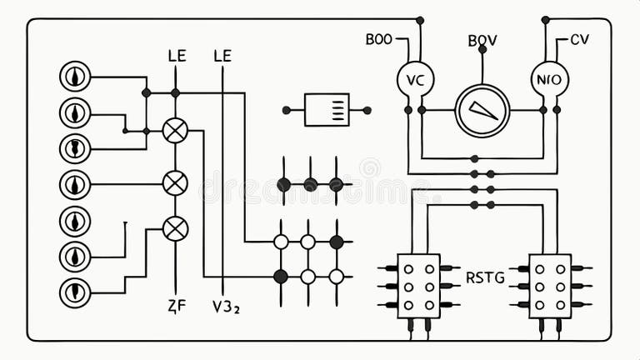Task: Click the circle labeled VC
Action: tap(415, 79)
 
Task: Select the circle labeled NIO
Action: tap(549, 79)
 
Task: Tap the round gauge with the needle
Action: tap(482, 110)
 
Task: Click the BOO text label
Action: tap(379, 39)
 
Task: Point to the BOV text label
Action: tap(482, 40)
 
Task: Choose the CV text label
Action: tap(579, 39)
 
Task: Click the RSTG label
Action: tap(485, 277)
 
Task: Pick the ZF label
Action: tap(176, 306)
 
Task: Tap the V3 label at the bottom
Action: tap(225, 306)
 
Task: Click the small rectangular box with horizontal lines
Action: tap(327, 110)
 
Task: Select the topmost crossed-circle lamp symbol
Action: tap(175, 130)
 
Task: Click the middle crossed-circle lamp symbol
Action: tap(175, 182)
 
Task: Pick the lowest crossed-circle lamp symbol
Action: tap(175, 228)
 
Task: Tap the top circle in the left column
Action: tap(75, 76)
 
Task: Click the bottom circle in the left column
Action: tap(75, 292)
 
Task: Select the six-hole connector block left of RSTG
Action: tap(418, 286)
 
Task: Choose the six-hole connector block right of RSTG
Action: tap(550, 286)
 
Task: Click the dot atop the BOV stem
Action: tap(482, 50)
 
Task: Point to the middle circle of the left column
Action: tap(75, 184)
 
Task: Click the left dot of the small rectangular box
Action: tap(287, 110)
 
